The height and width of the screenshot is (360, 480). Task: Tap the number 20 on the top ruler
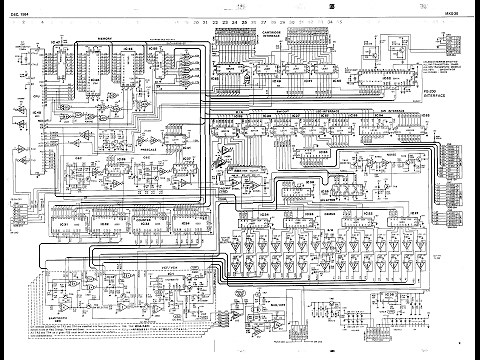click(191, 20)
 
